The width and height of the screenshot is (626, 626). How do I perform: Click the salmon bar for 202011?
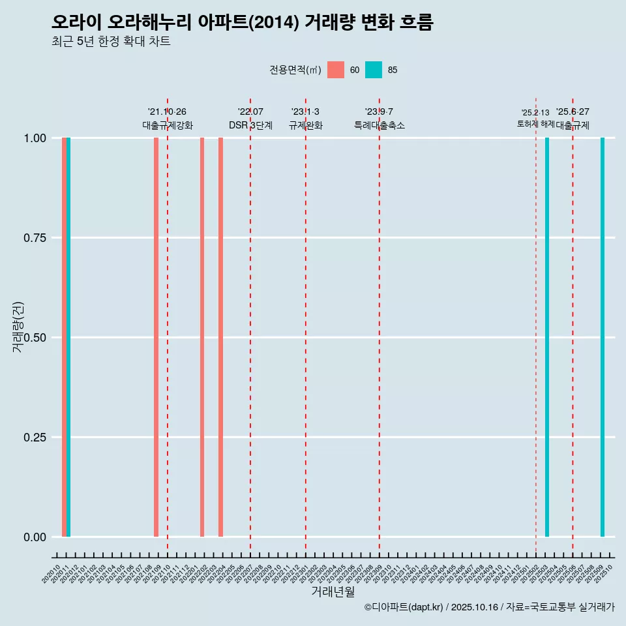pos(64,337)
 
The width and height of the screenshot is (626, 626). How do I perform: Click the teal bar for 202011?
pos(68,337)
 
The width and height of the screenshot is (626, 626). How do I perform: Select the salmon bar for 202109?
pos(156,337)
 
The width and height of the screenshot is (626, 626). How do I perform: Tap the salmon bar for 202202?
pos(202,337)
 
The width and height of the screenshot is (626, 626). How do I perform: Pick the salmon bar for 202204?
pos(221,337)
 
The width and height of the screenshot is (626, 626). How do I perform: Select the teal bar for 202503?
pos(547,337)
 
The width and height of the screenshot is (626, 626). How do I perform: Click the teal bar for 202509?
pos(603,337)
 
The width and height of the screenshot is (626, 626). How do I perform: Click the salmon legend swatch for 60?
pos(336,70)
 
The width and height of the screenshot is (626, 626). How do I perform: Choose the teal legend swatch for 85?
pos(374,70)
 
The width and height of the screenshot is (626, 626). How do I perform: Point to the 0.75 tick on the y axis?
pos(34,238)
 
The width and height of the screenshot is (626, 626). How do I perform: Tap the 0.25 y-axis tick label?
pos(34,438)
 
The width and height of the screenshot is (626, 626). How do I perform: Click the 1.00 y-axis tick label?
pos(34,138)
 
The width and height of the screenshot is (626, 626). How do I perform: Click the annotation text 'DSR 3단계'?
pos(250,125)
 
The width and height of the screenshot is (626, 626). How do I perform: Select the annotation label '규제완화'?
pos(306,125)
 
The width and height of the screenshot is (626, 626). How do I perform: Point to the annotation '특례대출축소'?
pos(380,125)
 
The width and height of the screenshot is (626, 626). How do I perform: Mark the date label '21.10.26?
pos(168,112)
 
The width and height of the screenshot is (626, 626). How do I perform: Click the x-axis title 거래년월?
pos(333,591)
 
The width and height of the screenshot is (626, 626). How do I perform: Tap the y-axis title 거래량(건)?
pos(18,327)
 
